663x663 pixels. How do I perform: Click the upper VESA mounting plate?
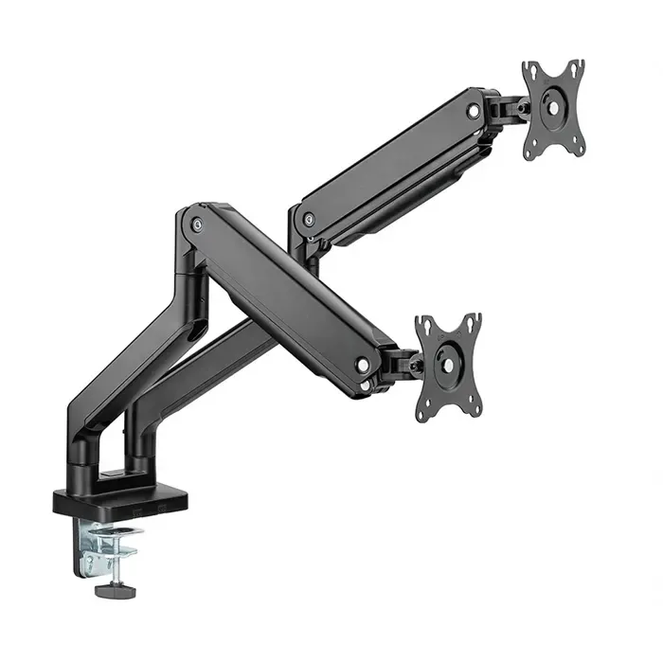[552, 109]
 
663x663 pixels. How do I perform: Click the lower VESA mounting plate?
[448, 365]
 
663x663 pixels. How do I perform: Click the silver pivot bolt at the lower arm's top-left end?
[197, 224]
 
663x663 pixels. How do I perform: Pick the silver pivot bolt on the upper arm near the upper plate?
[473, 111]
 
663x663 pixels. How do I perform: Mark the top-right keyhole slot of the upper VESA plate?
[575, 66]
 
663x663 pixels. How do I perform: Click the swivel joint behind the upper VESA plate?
[511, 109]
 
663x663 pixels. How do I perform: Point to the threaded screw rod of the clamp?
[123, 568]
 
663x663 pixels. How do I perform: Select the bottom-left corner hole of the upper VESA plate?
[533, 151]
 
